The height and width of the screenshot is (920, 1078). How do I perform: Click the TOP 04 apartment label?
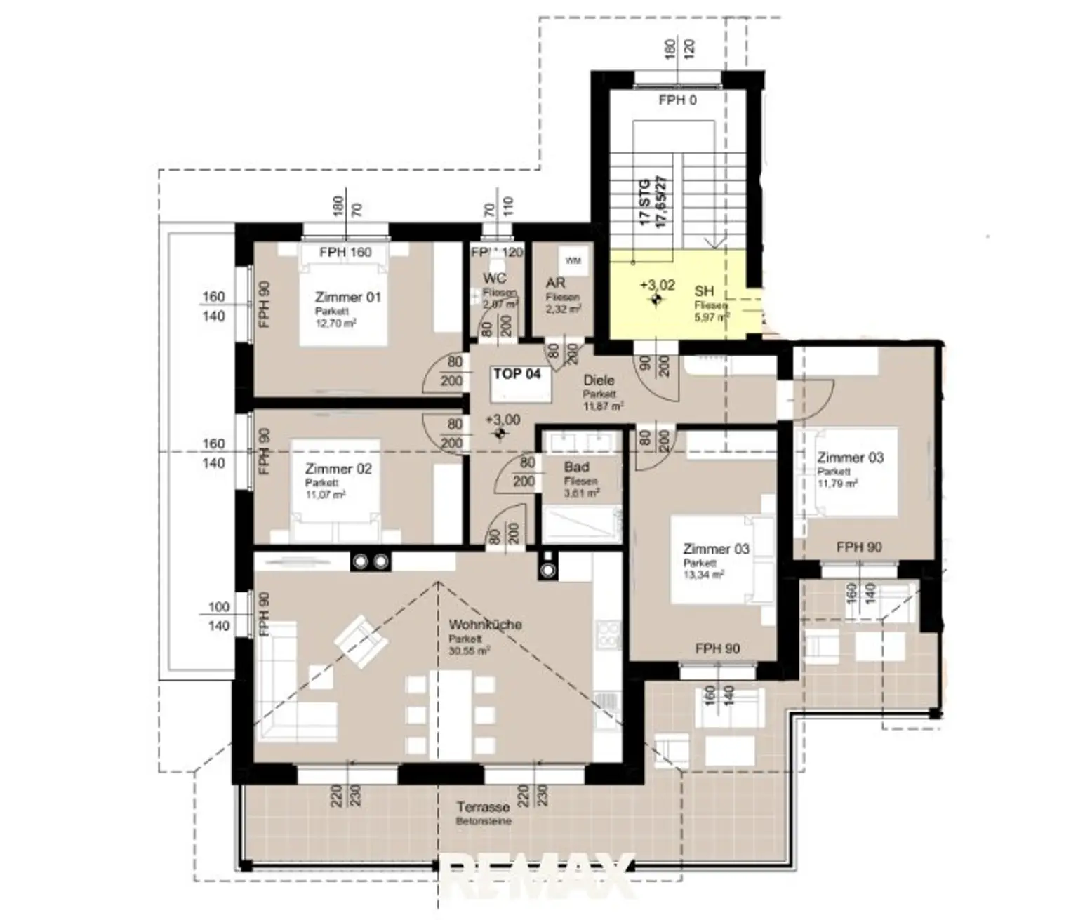tap(517, 374)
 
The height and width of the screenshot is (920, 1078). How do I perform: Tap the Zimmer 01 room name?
tap(347, 297)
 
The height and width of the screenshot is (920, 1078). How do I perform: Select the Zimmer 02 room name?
tap(338, 469)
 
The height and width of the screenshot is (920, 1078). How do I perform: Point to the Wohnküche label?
tap(485, 625)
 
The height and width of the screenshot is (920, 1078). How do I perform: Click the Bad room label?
tap(576, 467)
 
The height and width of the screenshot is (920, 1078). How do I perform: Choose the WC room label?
tap(494, 279)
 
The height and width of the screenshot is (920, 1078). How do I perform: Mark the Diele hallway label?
tap(599, 380)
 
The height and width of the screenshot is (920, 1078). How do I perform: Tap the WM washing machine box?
tap(573, 261)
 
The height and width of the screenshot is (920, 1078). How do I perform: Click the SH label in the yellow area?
tap(704, 291)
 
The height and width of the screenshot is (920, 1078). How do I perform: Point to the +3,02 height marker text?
tap(658, 285)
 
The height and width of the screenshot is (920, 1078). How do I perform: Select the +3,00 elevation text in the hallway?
tap(503, 420)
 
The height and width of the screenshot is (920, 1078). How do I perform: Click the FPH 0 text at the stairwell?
tap(677, 100)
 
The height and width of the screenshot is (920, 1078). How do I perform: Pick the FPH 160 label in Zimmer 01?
tap(345, 252)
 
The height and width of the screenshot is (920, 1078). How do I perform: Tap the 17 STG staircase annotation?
tap(645, 201)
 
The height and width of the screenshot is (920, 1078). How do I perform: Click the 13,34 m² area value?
tap(703, 575)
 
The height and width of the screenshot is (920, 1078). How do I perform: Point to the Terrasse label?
tap(483, 807)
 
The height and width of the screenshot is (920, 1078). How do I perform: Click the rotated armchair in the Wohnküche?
tap(361, 641)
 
